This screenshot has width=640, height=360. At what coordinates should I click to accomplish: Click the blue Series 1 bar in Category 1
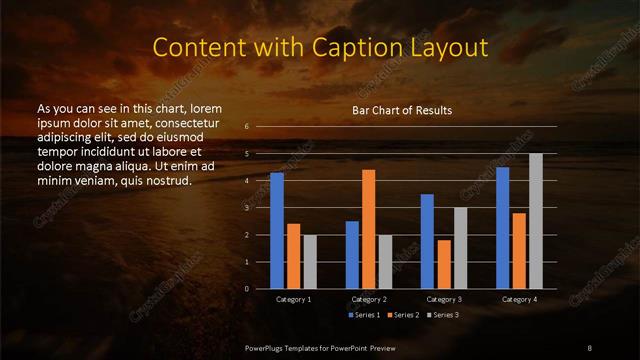click(277, 230)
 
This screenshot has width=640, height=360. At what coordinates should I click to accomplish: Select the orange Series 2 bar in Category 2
click(369, 229)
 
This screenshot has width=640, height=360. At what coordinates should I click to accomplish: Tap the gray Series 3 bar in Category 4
click(536, 221)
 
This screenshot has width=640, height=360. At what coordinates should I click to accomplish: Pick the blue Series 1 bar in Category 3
click(427, 241)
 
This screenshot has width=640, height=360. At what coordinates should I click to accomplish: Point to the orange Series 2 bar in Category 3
click(444, 264)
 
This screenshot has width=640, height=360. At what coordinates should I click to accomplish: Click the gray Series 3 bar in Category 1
click(310, 261)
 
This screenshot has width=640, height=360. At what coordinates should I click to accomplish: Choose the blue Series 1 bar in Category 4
click(503, 227)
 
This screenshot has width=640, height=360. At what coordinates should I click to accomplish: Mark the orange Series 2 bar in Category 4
click(519, 250)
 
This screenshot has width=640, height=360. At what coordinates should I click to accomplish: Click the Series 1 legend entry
click(363, 315)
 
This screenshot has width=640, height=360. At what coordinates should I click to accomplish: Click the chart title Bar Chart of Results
click(402, 110)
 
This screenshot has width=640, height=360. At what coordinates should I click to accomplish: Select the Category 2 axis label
click(369, 299)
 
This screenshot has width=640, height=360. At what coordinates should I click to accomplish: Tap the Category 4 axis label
click(519, 299)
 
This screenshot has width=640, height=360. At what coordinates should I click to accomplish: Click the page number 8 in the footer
click(589, 345)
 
